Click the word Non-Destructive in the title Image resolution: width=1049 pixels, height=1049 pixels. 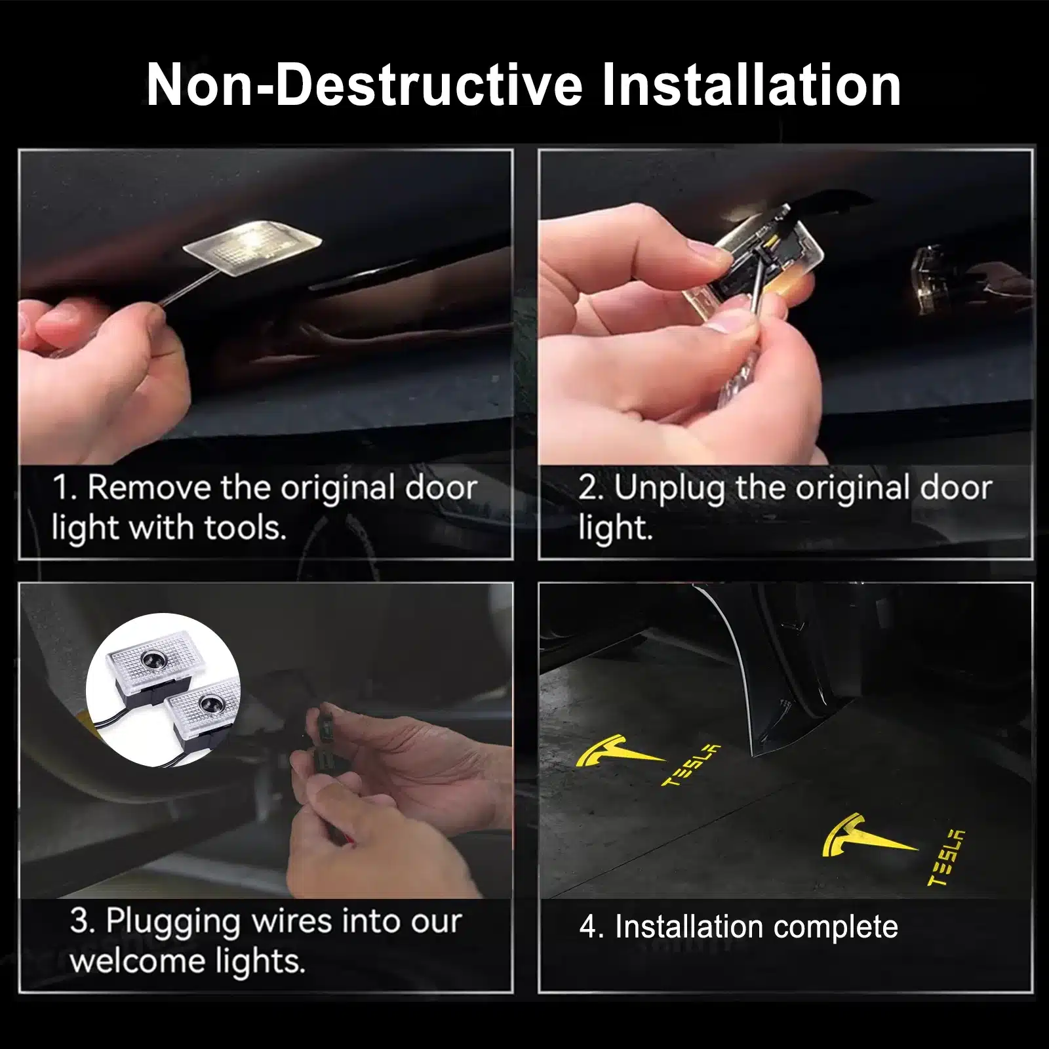tap(365, 85)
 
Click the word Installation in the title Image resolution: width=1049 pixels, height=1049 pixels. tap(751, 85)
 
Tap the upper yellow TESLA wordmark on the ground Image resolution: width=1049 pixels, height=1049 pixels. tap(691, 764)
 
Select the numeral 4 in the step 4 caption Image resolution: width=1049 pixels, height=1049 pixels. tap(588, 928)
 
